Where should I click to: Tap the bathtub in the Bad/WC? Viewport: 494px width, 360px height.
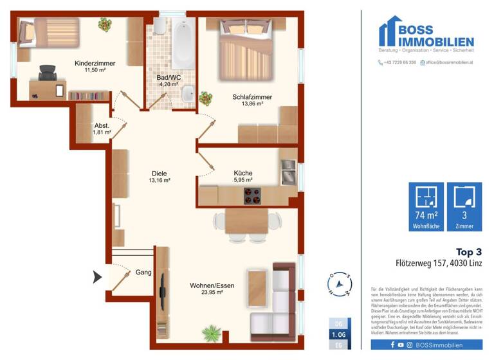(183, 43)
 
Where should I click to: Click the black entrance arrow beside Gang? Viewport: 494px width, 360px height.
(98, 278)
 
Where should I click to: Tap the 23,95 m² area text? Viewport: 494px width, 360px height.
(206, 292)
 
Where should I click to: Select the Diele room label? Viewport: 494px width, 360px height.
(159, 172)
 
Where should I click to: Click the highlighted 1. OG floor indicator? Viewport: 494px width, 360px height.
(338, 335)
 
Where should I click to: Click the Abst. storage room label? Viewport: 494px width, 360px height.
(101, 126)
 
